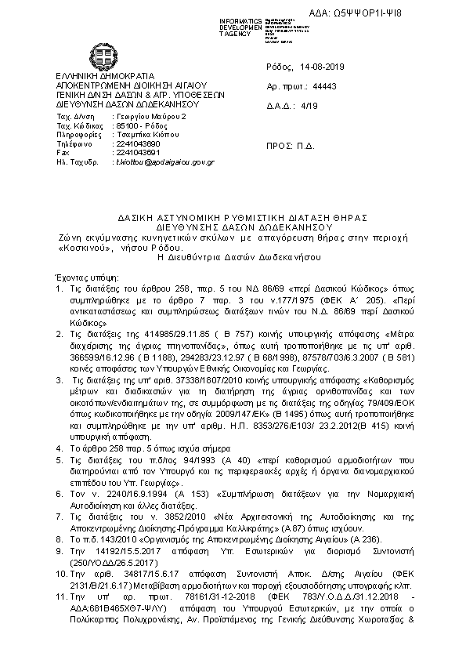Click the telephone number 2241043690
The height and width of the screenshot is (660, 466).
[136, 144]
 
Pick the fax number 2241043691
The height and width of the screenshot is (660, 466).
[136, 154]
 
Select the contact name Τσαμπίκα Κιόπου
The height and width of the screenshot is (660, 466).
[144, 135]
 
